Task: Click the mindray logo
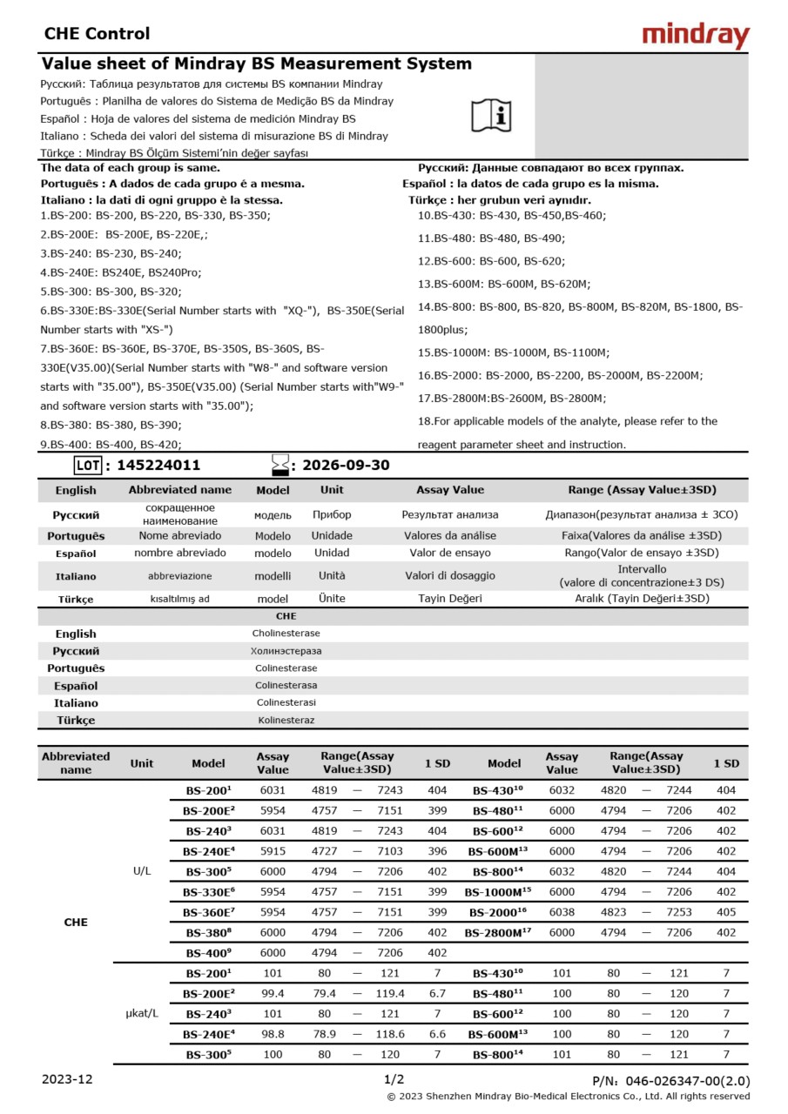[695, 36]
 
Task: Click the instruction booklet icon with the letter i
[492, 115]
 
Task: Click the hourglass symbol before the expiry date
[280, 466]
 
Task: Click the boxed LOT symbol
[87, 466]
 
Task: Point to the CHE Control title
[97, 34]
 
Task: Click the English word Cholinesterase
[286, 634]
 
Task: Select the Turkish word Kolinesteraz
[286, 721]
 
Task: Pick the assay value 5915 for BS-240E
[273, 851]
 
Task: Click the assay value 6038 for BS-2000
[562, 912]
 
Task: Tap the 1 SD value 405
[725, 912]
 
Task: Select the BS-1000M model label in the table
[497, 892]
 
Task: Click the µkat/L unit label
[142, 1014]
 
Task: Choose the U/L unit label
[142, 871]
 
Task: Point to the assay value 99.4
[273, 993]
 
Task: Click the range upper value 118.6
[389, 1034]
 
